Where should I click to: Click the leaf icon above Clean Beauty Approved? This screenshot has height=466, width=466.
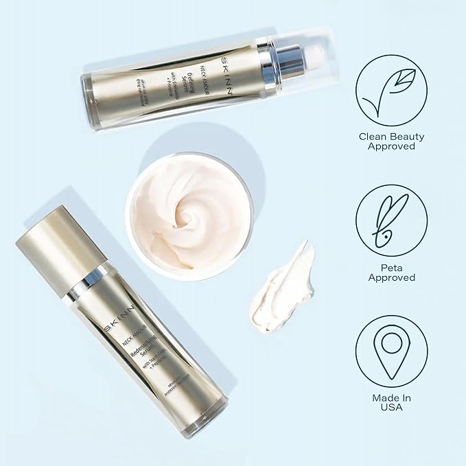click(391, 91)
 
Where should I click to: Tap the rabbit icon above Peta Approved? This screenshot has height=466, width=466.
click(391, 220)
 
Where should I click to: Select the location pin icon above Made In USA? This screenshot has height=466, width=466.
click(391, 351)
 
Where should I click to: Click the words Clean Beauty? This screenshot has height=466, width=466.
click(391, 135)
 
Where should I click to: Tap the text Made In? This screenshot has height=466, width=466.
click(391, 397)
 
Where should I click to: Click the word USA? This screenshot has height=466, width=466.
click(391, 408)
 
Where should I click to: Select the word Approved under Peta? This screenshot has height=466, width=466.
click(391, 277)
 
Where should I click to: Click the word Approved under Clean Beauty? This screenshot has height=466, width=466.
click(391, 146)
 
